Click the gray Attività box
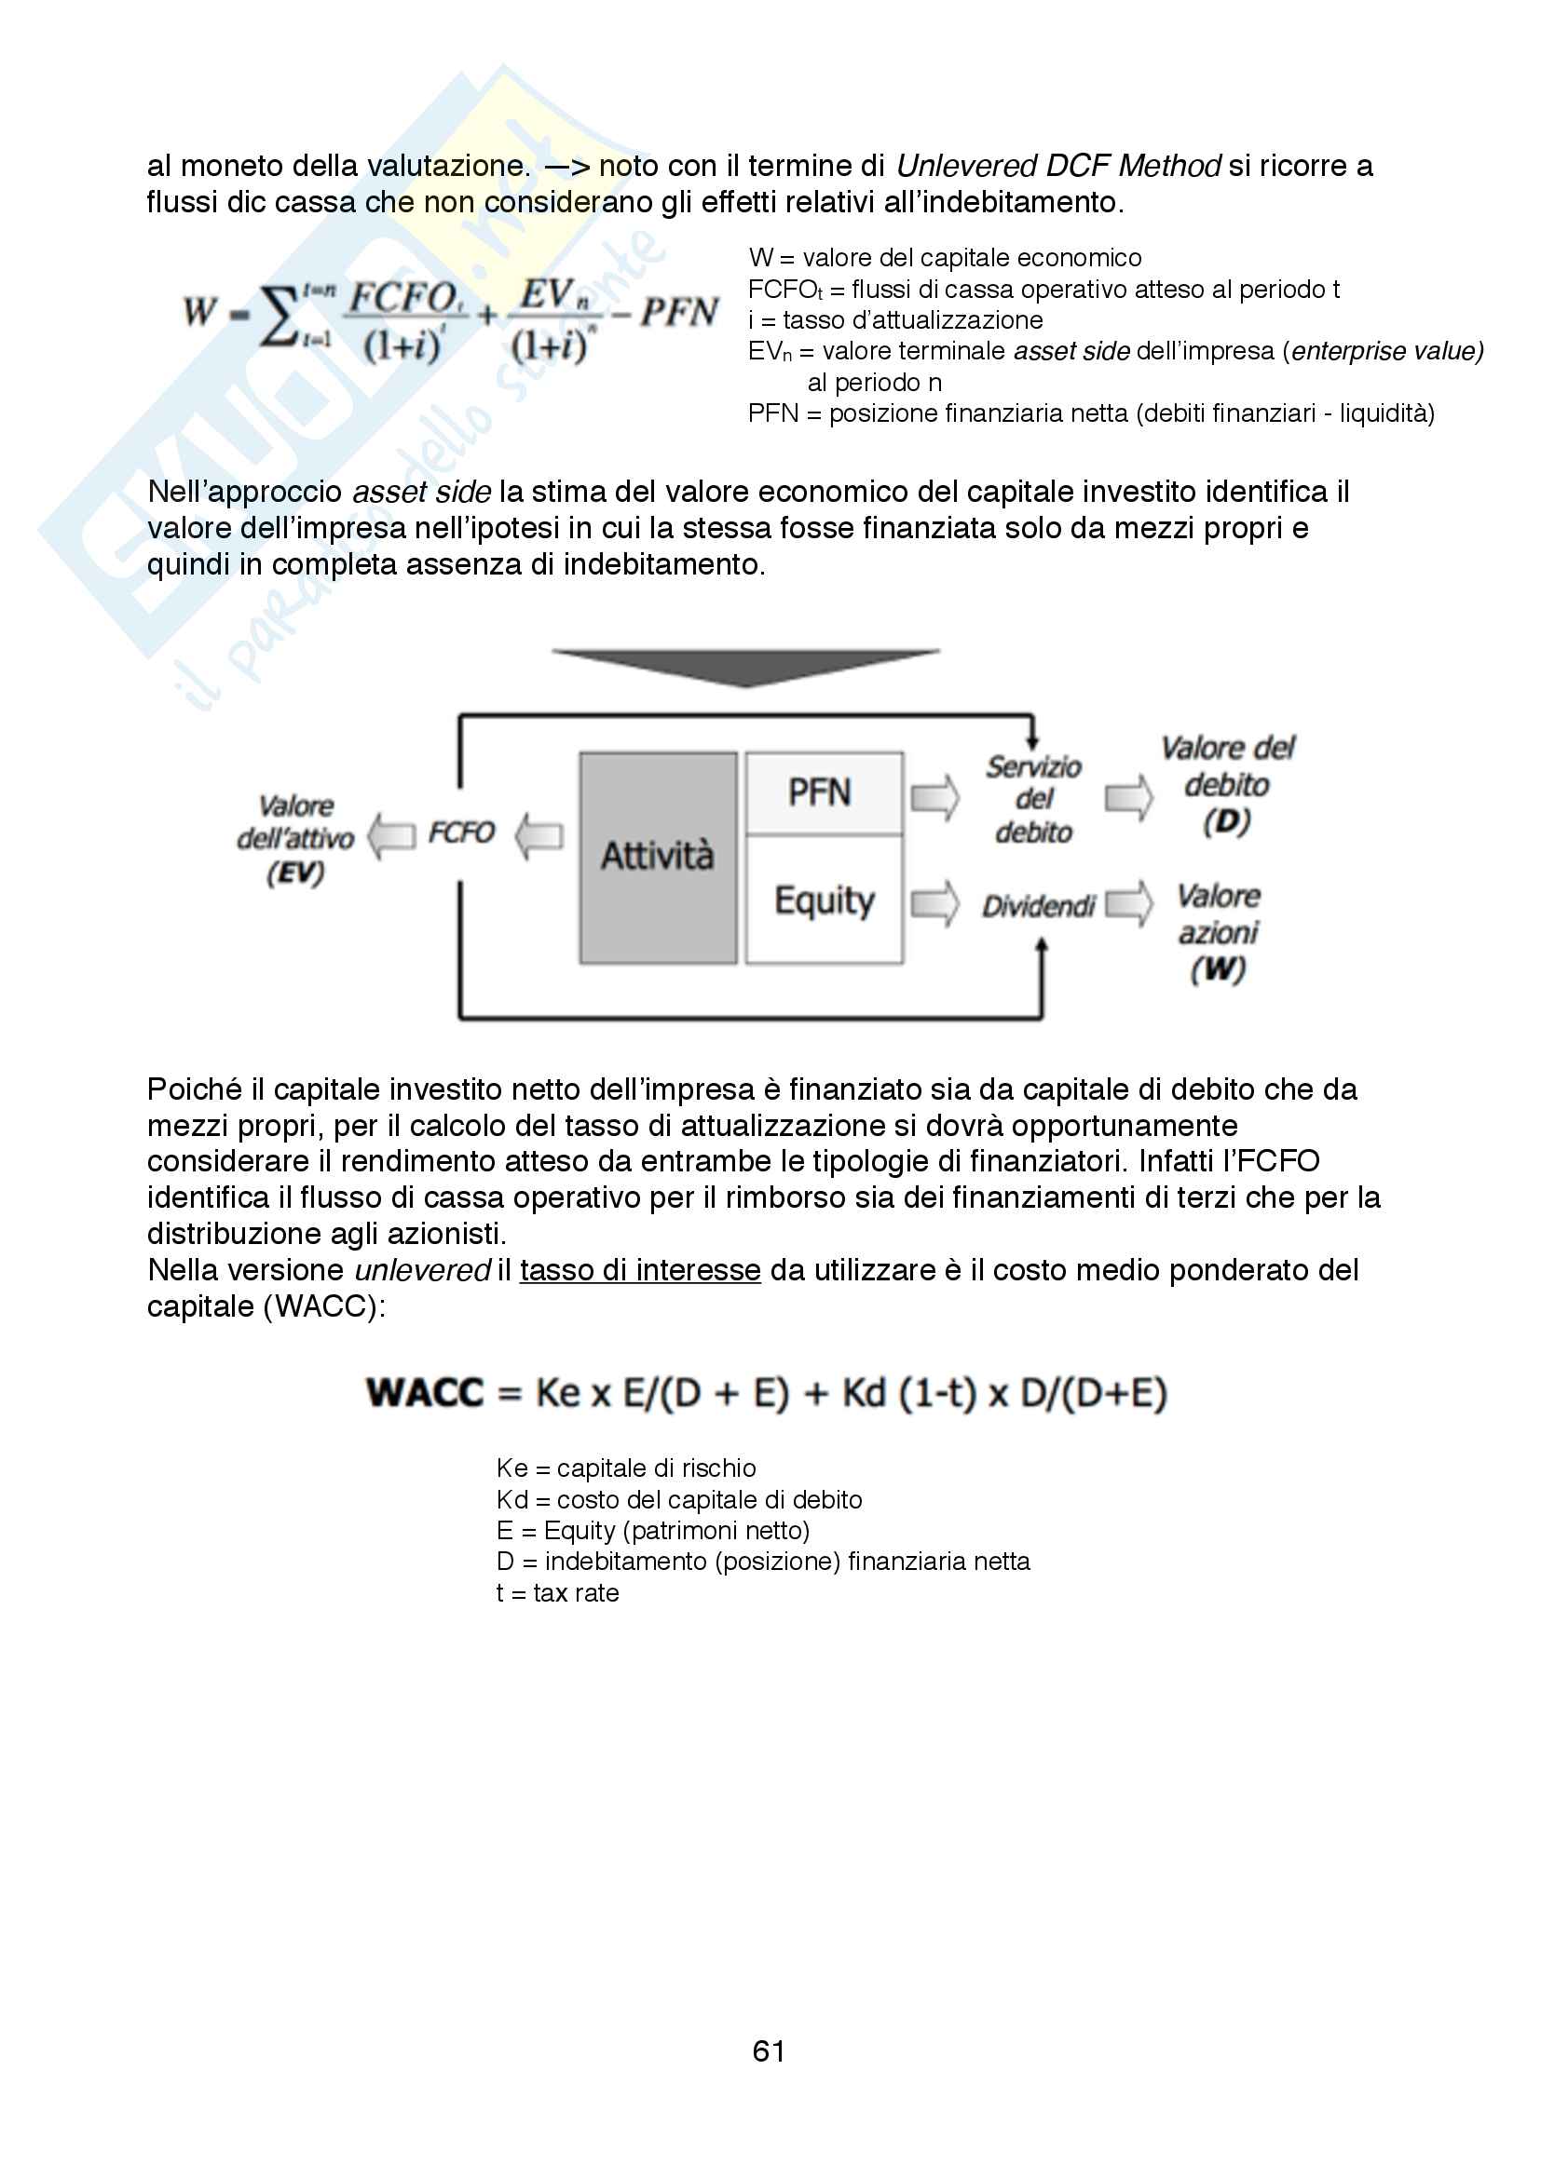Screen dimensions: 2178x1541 [x=658, y=858]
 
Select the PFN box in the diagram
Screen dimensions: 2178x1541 [x=823, y=793]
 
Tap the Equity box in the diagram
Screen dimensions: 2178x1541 [x=824, y=900]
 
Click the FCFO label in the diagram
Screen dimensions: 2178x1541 [x=461, y=832]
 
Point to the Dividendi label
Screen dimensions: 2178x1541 [x=1038, y=907]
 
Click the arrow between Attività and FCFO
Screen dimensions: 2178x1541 [x=539, y=835]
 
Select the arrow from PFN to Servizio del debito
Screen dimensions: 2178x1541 [x=934, y=797]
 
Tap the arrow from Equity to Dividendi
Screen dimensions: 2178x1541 [x=934, y=903]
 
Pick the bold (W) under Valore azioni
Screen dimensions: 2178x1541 [x=1219, y=969]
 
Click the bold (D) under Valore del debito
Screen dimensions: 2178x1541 [x=1227, y=821]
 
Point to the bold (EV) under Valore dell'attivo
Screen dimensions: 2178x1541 [x=295, y=873]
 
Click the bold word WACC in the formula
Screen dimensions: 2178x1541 [x=425, y=1394]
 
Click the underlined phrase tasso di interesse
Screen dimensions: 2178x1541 [x=640, y=1270]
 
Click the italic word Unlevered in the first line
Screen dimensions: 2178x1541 [x=966, y=166]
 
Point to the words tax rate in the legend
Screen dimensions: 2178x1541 [x=576, y=1592]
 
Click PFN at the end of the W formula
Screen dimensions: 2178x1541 [x=678, y=312]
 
